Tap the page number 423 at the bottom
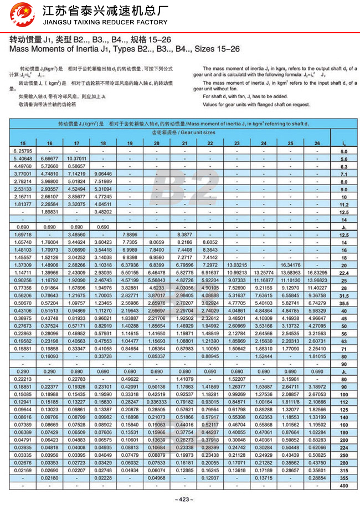click(179, 500)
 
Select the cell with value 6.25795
click(23, 151)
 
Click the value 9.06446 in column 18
click(102, 174)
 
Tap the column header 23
click(236, 144)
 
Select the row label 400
click(343, 485)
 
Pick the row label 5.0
click(343, 151)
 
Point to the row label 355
click(343, 478)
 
